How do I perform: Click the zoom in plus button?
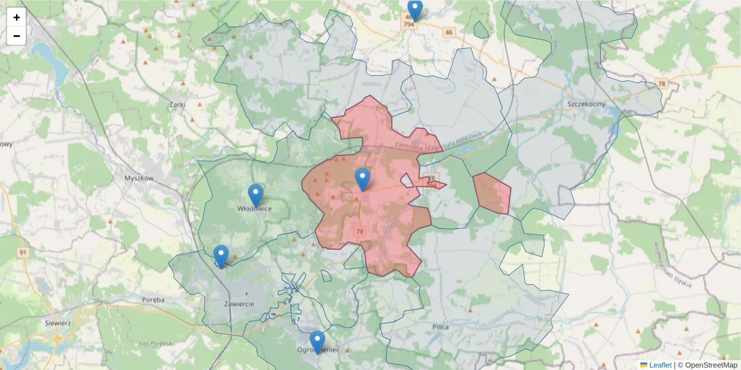click(17, 17)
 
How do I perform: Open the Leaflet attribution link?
click(659, 365)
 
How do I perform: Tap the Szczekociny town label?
click(586, 104)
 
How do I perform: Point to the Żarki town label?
click(177, 105)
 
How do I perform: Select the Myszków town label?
click(138, 178)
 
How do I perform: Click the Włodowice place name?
click(254, 209)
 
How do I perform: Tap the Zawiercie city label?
click(240, 304)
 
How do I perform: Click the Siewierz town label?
click(59, 323)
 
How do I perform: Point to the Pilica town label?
click(441, 326)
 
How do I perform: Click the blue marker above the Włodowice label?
click(255, 195)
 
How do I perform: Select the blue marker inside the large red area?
click(362, 179)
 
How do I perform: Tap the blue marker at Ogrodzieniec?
click(317, 342)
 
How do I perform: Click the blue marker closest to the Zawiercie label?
click(220, 256)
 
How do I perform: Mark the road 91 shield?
click(23, 253)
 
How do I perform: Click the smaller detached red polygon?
click(493, 194)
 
